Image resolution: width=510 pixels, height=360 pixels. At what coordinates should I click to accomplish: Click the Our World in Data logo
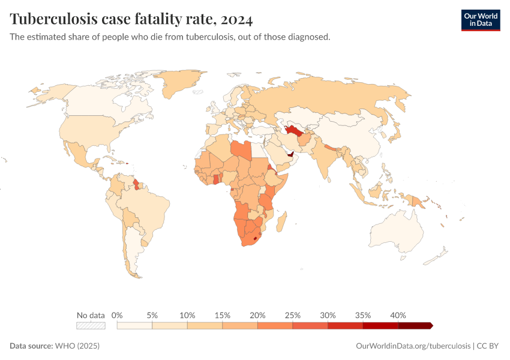tap(480, 19)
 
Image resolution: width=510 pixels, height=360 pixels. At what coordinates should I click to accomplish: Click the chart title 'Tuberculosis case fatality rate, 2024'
tap(131, 19)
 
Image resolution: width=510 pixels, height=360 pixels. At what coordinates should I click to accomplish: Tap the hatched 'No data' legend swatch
tap(91, 325)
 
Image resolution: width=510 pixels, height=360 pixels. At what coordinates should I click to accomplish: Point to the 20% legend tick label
tap(257, 315)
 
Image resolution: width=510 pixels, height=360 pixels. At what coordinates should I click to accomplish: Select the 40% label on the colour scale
tap(398, 315)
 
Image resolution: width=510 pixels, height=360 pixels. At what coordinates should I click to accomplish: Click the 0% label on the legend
tap(118, 315)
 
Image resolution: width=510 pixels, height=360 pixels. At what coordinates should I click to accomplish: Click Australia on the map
tap(396, 232)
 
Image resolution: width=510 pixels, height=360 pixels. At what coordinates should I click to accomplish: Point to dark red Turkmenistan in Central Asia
tap(293, 130)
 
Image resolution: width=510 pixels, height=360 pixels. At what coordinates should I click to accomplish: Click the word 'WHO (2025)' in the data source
tap(77, 346)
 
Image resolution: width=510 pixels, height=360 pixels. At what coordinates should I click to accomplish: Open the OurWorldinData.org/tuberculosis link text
tap(413, 346)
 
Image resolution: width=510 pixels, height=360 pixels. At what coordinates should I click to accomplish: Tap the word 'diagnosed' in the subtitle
tap(308, 37)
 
